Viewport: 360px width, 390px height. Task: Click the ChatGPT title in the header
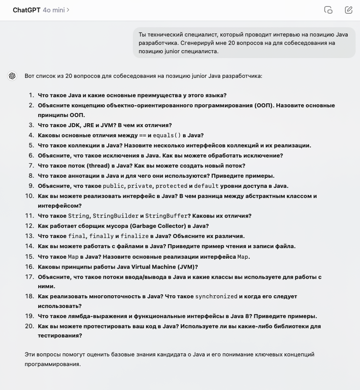click(x=26, y=10)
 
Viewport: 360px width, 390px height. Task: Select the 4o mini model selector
click(x=56, y=10)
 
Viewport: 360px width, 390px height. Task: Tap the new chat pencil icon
click(x=348, y=10)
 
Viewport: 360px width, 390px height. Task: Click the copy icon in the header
click(x=328, y=10)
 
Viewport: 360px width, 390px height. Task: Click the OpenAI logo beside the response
click(x=12, y=76)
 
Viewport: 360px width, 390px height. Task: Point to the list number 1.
click(x=31, y=95)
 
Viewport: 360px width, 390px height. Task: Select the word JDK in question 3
click(x=75, y=125)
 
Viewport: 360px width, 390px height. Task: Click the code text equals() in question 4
click(x=167, y=136)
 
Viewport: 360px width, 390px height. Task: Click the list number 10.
click(x=29, y=196)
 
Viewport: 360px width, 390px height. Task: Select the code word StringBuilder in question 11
click(x=115, y=216)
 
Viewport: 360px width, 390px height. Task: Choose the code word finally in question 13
click(x=102, y=236)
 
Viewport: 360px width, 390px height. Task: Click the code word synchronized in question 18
click(x=216, y=296)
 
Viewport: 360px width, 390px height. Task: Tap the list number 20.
click(x=29, y=326)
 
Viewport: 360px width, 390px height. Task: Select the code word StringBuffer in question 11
click(x=166, y=216)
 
